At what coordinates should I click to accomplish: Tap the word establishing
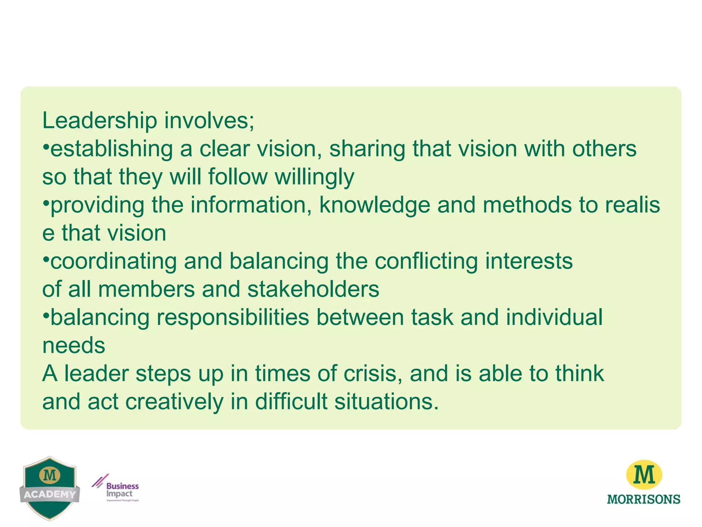pos(111,149)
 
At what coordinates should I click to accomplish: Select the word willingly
pos(314,177)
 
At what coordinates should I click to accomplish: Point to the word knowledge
pos(375,205)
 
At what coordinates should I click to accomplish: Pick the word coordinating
pos(113,261)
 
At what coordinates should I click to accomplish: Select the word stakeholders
pos(313,289)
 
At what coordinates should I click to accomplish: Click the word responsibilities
pos(233,317)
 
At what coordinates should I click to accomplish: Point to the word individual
pos(554,317)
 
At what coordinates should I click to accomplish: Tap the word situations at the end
pos(386,401)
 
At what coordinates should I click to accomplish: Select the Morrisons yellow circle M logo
pos(644,475)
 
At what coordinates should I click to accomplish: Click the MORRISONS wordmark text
pos(643,499)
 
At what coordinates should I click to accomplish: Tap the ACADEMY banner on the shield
pos(50,494)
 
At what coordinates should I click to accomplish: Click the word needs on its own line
pos(74,345)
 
